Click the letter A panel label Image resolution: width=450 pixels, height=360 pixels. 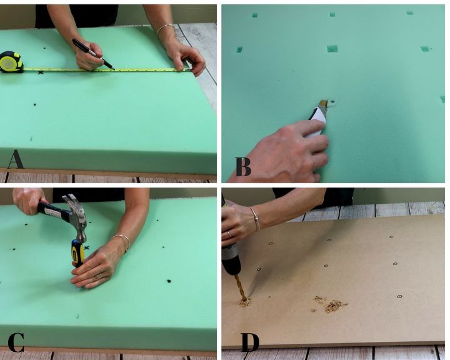(x=16, y=159)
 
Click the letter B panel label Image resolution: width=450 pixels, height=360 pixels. (x=242, y=166)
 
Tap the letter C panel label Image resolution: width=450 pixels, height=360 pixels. (x=16, y=342)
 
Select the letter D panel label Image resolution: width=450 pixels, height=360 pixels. (x=250, y=342)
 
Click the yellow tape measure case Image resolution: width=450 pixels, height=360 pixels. (x=11, y=62)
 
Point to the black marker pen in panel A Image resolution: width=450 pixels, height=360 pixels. (x=92, y=54)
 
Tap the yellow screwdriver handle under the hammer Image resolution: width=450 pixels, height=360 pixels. (x=77, y=252)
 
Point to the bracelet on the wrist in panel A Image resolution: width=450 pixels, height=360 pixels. (x=165, y=29)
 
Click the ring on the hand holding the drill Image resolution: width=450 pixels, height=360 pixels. (x=229, y=234)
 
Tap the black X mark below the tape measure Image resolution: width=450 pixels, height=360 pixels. (x=41, y=72)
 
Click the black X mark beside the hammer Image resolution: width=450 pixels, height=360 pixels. (x=87, y=247)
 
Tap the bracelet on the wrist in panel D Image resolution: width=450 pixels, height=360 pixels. (x=256, y=219)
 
